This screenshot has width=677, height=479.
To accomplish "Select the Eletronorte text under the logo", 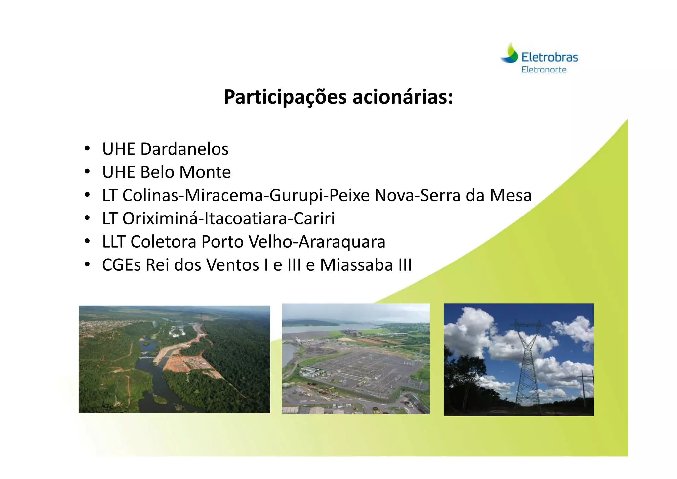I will pos(544,70).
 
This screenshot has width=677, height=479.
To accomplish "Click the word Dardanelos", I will pos(184,149).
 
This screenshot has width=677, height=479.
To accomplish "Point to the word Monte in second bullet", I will pos(205,172).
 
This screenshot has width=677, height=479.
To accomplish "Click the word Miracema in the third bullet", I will pos(224,195).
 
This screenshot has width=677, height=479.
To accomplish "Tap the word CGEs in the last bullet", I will pos(121,265).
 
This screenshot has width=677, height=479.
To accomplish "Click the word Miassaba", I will pos(356,265).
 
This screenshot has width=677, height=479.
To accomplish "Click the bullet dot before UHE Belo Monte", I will pos(87,172).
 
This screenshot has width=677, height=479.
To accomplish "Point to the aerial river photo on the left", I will pos(174,359).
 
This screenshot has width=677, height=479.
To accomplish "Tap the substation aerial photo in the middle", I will pos(356,359).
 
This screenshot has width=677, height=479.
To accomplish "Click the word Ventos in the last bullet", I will pos(233,265).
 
